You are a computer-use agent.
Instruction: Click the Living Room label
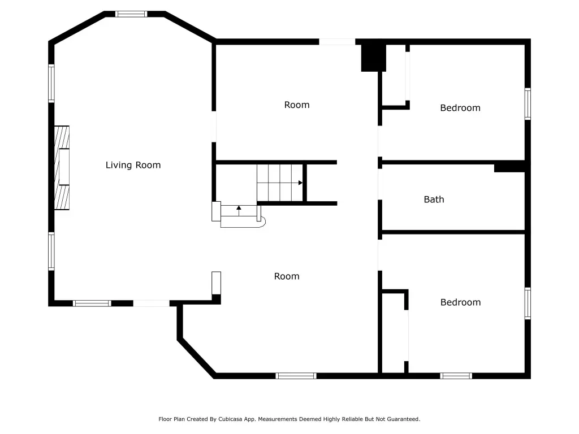[x=133, y=165]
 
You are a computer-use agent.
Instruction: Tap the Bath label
[x=434, y=199]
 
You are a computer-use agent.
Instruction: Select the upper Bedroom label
[x=460, y=108]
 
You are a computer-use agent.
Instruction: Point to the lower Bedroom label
[x=460, y=302]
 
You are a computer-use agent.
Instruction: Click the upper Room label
[x=297, y=105]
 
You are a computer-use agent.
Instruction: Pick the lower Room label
[x=287, y=276]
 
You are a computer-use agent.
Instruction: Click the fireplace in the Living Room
[x=62, y=168]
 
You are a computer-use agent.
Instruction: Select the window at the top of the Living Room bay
[x=131, y=14]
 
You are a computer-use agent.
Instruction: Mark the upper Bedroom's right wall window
[x=528, y=104]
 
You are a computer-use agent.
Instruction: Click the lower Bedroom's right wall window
[x=528, y=303]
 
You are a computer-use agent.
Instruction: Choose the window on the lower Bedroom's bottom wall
[x=456, y=376]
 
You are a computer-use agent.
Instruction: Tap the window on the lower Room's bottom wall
[x=296, y=376]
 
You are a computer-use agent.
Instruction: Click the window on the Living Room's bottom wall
[x=92, y=303]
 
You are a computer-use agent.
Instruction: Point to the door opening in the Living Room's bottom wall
[x=152, y=303]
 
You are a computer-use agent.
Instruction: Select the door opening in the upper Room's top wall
[x=337, y=42]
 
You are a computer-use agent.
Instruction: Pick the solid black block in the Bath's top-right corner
[x=509, y=167]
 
